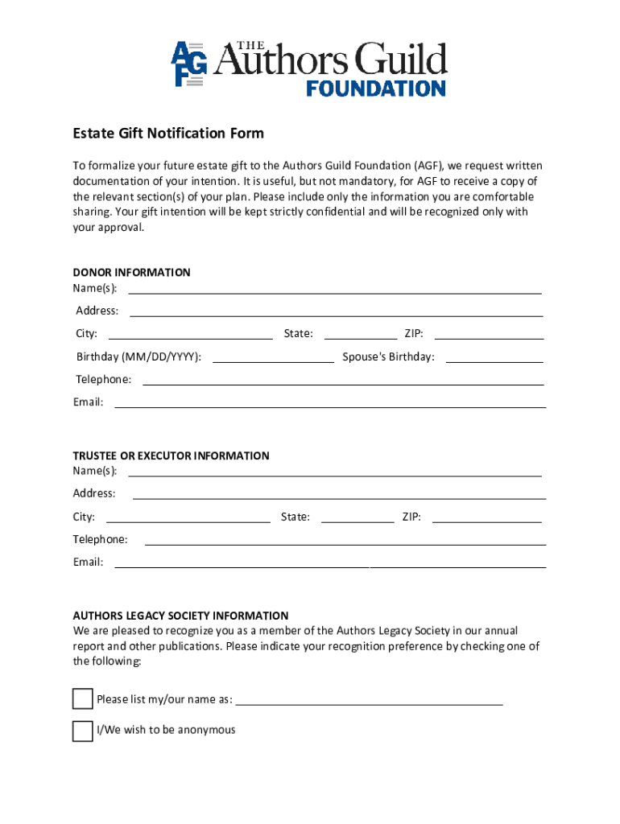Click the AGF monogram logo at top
coord(189,64)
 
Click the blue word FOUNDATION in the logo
coord(375,88)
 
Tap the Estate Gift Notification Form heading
coord(168,133)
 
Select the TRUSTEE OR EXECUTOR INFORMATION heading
coord(171,455)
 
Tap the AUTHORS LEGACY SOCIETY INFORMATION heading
coord(180,616)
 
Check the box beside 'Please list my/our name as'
coord(82,698)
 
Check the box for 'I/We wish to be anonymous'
coord(82,731)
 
